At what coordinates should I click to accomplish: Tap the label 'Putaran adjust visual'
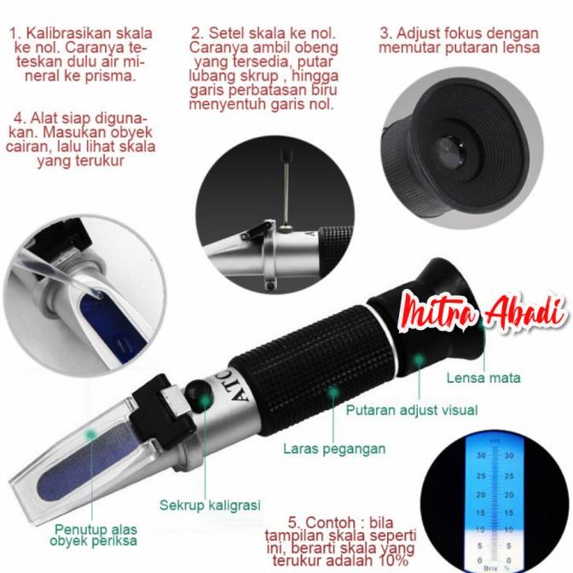[411, 410]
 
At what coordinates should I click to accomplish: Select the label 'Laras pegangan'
[335, 449]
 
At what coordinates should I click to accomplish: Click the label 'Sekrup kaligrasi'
[210, 506]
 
